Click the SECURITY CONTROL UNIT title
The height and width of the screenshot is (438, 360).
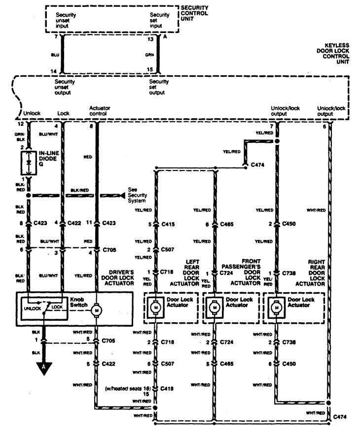[194, 13]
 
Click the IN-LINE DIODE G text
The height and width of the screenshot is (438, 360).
[48, 159]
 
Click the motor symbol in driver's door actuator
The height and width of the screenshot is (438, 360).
[97, 310]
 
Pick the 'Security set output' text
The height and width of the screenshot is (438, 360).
[159, 87]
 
